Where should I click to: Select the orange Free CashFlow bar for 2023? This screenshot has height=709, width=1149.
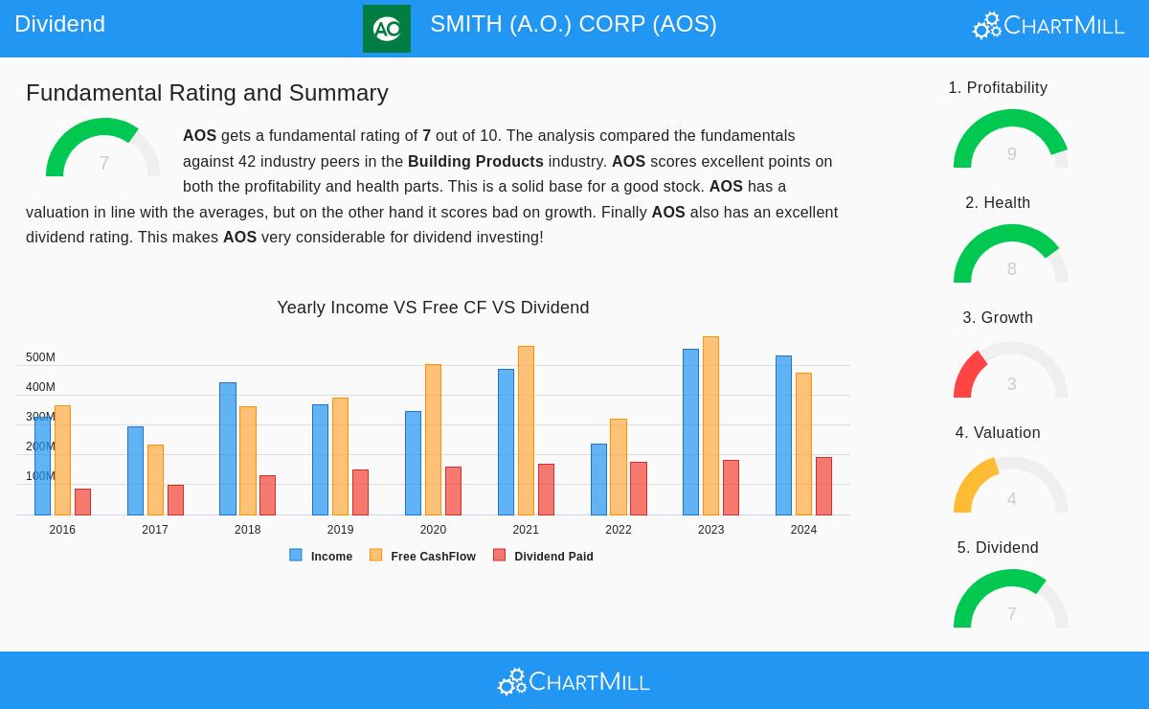click(x=710, y=425)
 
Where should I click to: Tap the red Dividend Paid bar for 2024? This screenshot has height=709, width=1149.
click(x=823, y=486)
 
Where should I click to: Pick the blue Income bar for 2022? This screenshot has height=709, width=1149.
click(x=598, y=479)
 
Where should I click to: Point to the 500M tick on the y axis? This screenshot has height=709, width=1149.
click(x=40, y=357)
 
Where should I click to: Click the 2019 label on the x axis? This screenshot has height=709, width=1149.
click(x=340, y=530)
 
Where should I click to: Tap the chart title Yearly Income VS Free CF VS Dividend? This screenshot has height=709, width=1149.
click(x=433, y=308)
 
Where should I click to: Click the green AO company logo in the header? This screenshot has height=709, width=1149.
click(x=387, y=29)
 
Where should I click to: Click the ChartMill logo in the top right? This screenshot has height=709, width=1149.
click(x=1048, y=25)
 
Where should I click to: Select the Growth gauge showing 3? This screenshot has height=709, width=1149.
click(x=1010, y=372)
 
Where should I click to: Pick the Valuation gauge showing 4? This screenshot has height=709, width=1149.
click(x=1010, y=487)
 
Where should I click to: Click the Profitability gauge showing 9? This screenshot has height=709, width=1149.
click(x=1010, y=142)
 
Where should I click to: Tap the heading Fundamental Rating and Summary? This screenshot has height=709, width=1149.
click(x=207, y=93)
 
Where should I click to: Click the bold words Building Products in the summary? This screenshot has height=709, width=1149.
click(x=475, y=161)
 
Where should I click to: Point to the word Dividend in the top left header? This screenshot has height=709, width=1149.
click(x=59, y=24)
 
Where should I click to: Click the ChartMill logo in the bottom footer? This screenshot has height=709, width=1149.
click(x=574, y=681)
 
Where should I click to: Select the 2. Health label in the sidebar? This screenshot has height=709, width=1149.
click(x=998, y=203)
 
